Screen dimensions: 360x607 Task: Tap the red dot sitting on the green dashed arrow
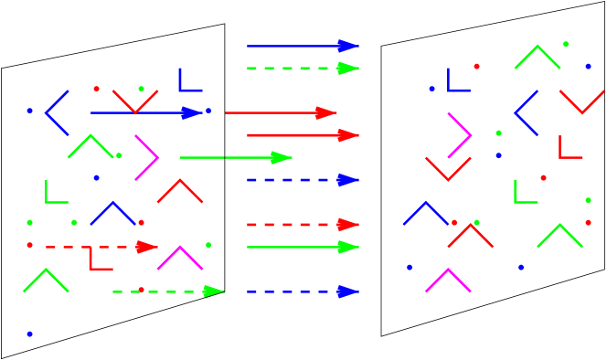[x=141, y=290]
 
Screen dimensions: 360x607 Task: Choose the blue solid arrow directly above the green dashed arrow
[x=302, y=46]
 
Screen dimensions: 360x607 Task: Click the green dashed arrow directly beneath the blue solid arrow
[x=302, y=68]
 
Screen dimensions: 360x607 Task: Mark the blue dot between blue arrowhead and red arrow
[x=208, y=111]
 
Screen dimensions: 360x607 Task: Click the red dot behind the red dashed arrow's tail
[x=29, y=245]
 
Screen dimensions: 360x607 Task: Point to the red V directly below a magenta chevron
[x=448, y=170]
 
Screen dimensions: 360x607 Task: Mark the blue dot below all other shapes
[x=29, y=334]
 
